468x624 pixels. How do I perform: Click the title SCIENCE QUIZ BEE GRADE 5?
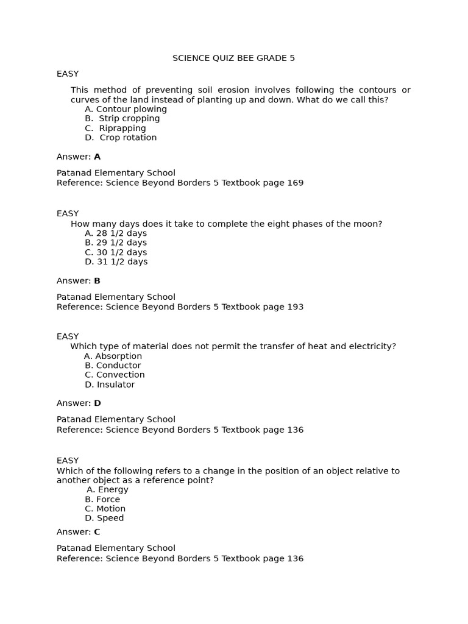pyautogui.click(x=233, y=58)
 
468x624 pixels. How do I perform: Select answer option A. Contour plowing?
pyautogui.click(x=126, y=109)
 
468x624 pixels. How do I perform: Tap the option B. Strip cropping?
pyautogui.click(x=122, y=118)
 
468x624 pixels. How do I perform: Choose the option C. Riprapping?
pyautogui.click(x=115, y=128)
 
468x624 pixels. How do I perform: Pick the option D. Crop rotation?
pyautogui.click(x=121, y=138)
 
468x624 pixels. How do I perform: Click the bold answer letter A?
pyautogui.click(x=97, y=157)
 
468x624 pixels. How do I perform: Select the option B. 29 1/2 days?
pyautogui.click(x=116, y=243)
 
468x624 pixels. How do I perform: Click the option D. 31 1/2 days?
pyautogui.click(x=116, y=261)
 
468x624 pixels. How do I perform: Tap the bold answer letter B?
pyautogui.click(x=97, y=281)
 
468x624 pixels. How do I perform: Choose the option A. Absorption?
pyautogui.click(x=113, y=356)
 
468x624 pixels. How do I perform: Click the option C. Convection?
pyautogui.click(x=115, y=375)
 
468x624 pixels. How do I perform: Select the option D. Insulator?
pyautogui.click(x=110, y=385)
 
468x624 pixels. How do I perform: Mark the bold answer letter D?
pyautogui.click(x=97, y=403)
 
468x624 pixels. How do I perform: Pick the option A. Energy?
pyautogui.click(x=108, y=489)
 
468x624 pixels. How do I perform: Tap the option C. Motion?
pyautogui.click(x=105, y=509)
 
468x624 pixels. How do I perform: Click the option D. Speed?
pyautogui.click(x=104, y=518)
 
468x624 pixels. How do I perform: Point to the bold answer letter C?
pyautogui.click(x=97, y=532)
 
